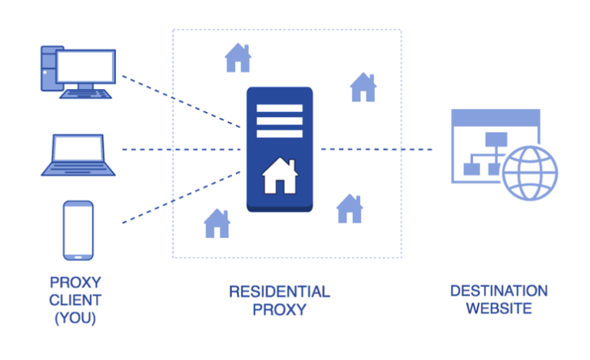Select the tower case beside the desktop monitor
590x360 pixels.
tap(48, 68)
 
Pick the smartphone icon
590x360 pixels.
tap(78, 230)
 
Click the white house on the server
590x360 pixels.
tap(279, 177)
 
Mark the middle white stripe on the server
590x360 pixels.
tap(279, 120)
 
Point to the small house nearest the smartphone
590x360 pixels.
tap(217, 223)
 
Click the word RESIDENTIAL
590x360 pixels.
tap(279, 292)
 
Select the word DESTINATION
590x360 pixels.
tap(499, 291)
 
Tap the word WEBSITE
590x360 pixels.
tap(499, 309)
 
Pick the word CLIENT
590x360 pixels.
tap(75, 300)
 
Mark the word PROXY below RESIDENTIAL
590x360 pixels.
tap(279, 310)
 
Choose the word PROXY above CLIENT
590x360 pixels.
tap(75, 282)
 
